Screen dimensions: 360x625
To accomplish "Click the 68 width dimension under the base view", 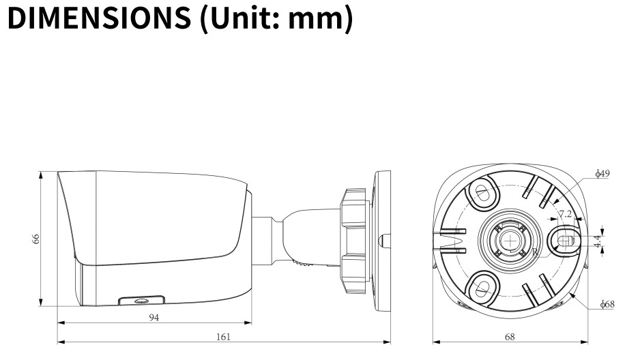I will [x=510, y=336].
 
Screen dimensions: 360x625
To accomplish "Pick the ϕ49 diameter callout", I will [x=602, y=175].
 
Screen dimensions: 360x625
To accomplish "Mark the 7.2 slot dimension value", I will [x=565, y=213].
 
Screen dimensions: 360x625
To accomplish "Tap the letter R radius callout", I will [x=536, y=252].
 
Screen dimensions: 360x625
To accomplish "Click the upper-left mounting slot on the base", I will [x=482, y=192].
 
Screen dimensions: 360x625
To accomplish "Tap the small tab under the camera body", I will [x=141, y=300].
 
